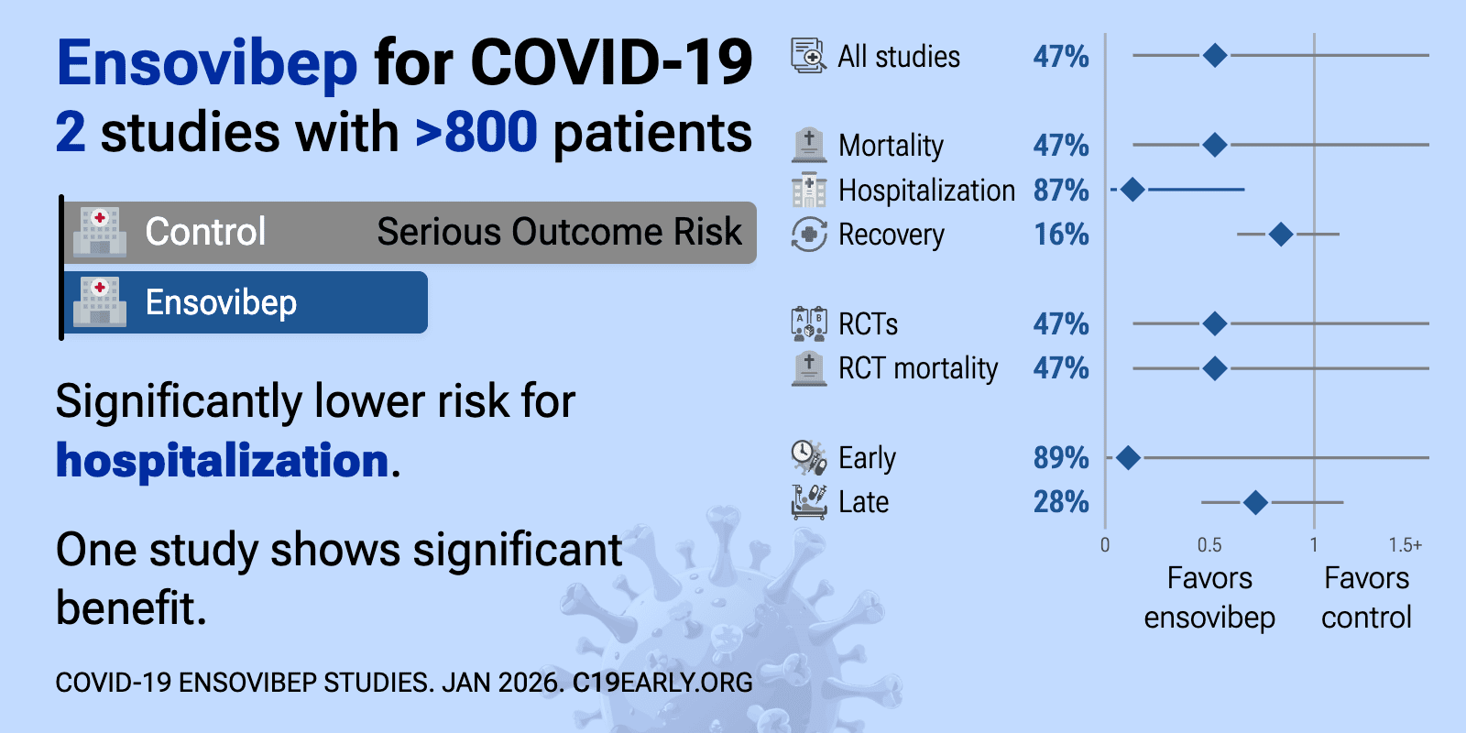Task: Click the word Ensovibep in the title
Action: [207, 64]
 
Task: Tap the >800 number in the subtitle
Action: [476, 133]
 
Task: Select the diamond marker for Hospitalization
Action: [1132, 190]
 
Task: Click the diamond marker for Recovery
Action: [1281, 235]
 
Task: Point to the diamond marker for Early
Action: [1128, 457]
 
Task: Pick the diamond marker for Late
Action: [1255, 502]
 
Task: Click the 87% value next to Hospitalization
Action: [1061, 191]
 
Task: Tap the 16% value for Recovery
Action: [1061, 235]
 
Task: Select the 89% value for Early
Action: [1061, 458]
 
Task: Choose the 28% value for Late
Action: [1061, 502]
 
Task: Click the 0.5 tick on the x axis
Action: [1209, 545]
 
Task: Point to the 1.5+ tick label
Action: [1405, 545]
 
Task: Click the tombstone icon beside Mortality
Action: [808, 145]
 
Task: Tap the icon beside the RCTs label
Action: [808, 323]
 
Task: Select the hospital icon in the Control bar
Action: [100, 232]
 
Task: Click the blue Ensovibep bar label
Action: [221, 303]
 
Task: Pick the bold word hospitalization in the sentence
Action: [223, 460]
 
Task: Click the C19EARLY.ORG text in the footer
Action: [662, 683]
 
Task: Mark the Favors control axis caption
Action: [1366, 597]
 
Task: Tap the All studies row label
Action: [899, 57]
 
